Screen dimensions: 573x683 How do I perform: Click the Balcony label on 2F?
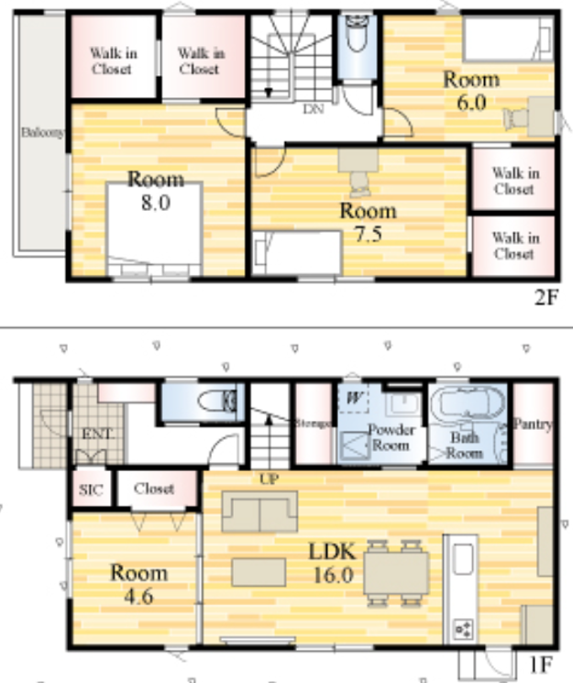click(x=43, y=132)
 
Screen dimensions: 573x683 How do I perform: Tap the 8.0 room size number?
click(x=156, y=203)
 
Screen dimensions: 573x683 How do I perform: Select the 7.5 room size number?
click(x=369, y=235)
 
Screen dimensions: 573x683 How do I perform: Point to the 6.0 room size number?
click(x=471, y=103)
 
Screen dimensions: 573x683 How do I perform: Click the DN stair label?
click(x=314, y=109)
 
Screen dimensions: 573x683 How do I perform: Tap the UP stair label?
click(x=269, y=479)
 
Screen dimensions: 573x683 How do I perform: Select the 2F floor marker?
click(x=546, y=297)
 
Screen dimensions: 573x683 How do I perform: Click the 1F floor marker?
click(x=540, y=666)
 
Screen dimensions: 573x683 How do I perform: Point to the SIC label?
click(x=91, y=490)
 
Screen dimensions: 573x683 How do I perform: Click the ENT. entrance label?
click(x=98, y=434)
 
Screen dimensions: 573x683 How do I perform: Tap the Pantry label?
click(x=533, y=424)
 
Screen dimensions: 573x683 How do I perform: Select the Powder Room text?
click(x=391, y=437)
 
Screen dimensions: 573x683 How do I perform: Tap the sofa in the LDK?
click(x=259, y=512)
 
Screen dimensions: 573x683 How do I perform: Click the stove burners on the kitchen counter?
click(x=463, y=630)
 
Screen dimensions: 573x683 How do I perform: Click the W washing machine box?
click(x=353, y=398)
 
